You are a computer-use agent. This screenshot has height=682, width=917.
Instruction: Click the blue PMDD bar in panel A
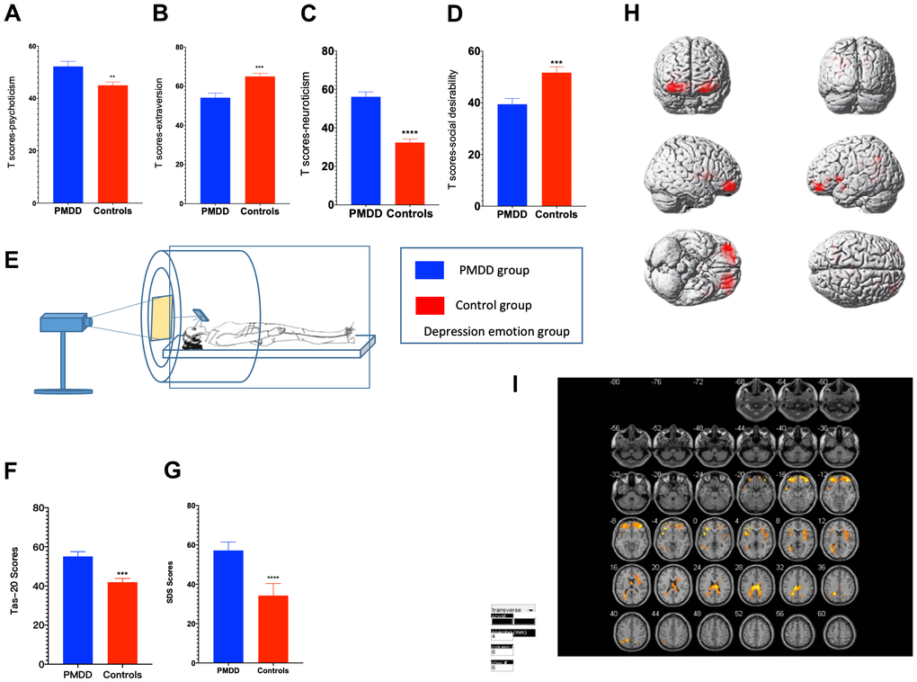68,135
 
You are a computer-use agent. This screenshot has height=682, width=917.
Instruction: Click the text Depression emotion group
497,332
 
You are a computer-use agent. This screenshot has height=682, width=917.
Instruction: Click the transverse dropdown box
512,609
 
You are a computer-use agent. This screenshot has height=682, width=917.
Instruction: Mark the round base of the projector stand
63,390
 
